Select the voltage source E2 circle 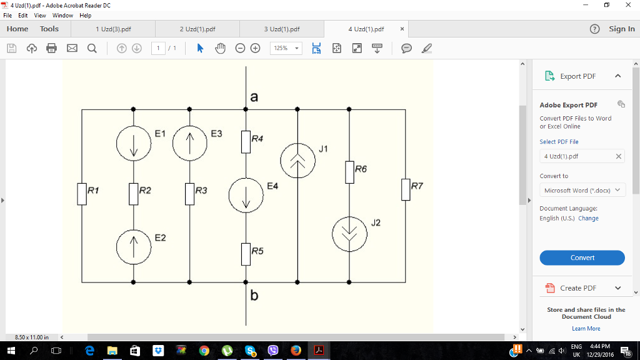[134, 247]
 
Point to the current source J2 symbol [349, 234]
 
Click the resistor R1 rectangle [82, 194]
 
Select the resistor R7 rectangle [406, 189]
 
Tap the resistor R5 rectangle [246, 254]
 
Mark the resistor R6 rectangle [349, 172]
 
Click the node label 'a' [254, 97]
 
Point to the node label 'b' [254, 296]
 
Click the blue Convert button [582, 257]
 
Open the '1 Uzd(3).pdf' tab [113, 29]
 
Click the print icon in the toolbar [51, 48]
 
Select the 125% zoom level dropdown [286, 48]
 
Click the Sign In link [621, 29]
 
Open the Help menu [86, 15]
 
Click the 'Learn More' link [586, 328]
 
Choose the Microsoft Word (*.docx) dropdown [582, 190]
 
